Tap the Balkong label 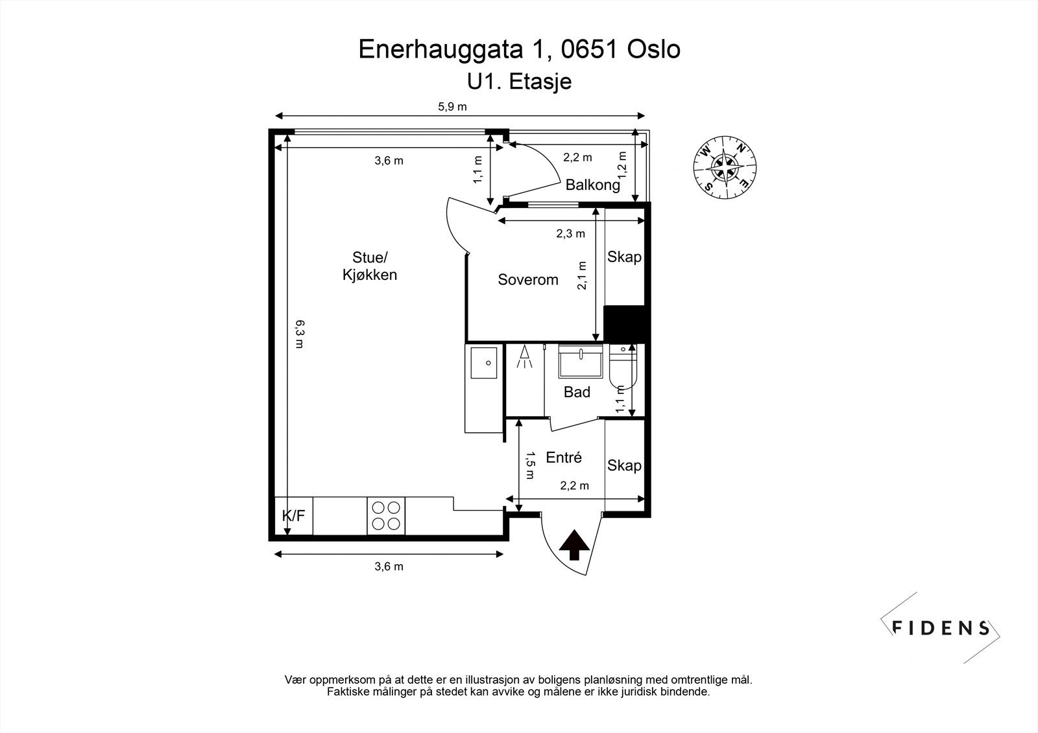(x=592, y=185)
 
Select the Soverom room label (x=527, y=280)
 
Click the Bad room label (x=577, y=392)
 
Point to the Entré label (x=564, y=458)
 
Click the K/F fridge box (x=293, y=516)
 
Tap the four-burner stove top (x=386, y=516)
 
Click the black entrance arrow (x=574, y=545)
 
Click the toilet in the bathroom (x=623, y=366)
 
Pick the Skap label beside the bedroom (x=624, y=257)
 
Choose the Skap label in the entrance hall (x=624, y=466)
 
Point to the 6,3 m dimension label (x=299, y=334)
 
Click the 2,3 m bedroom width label (x=570, y=234)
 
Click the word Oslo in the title (x=654, y=49)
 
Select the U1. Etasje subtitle (x=519, y=82)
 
